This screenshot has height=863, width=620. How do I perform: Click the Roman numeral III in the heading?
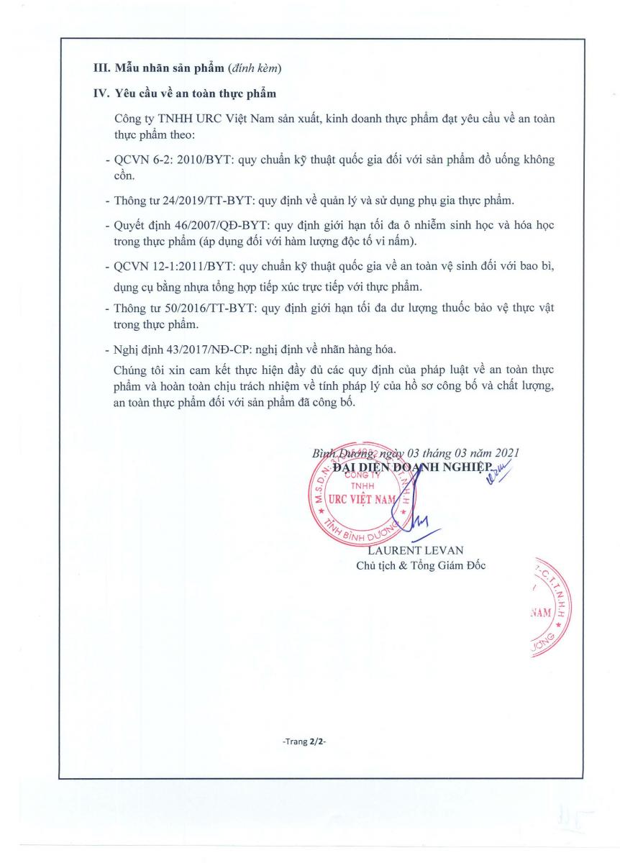click(101, 68)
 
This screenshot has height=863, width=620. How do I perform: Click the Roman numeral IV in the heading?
click(101, 93)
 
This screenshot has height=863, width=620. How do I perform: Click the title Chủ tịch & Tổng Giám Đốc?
click(421, 565)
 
